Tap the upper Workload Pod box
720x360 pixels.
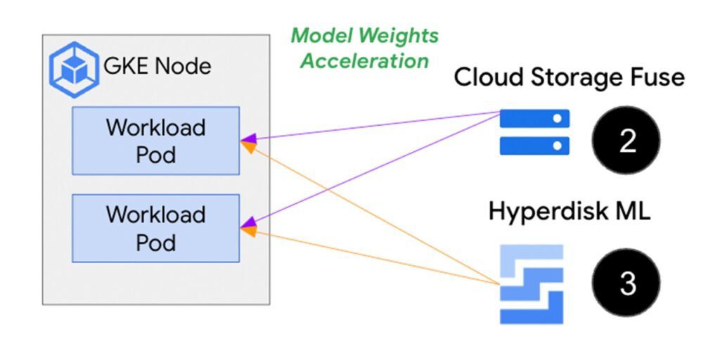(155, 141)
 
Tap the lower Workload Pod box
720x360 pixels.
(155, 228)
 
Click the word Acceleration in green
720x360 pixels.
(365, 60)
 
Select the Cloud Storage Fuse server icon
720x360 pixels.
(534, 131)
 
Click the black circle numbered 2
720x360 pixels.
(626, 141)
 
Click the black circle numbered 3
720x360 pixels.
(626, 283)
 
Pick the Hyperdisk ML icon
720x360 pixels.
(532, 283)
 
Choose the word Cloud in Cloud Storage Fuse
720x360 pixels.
(485, 77)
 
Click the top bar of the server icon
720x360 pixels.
(534, 120)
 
